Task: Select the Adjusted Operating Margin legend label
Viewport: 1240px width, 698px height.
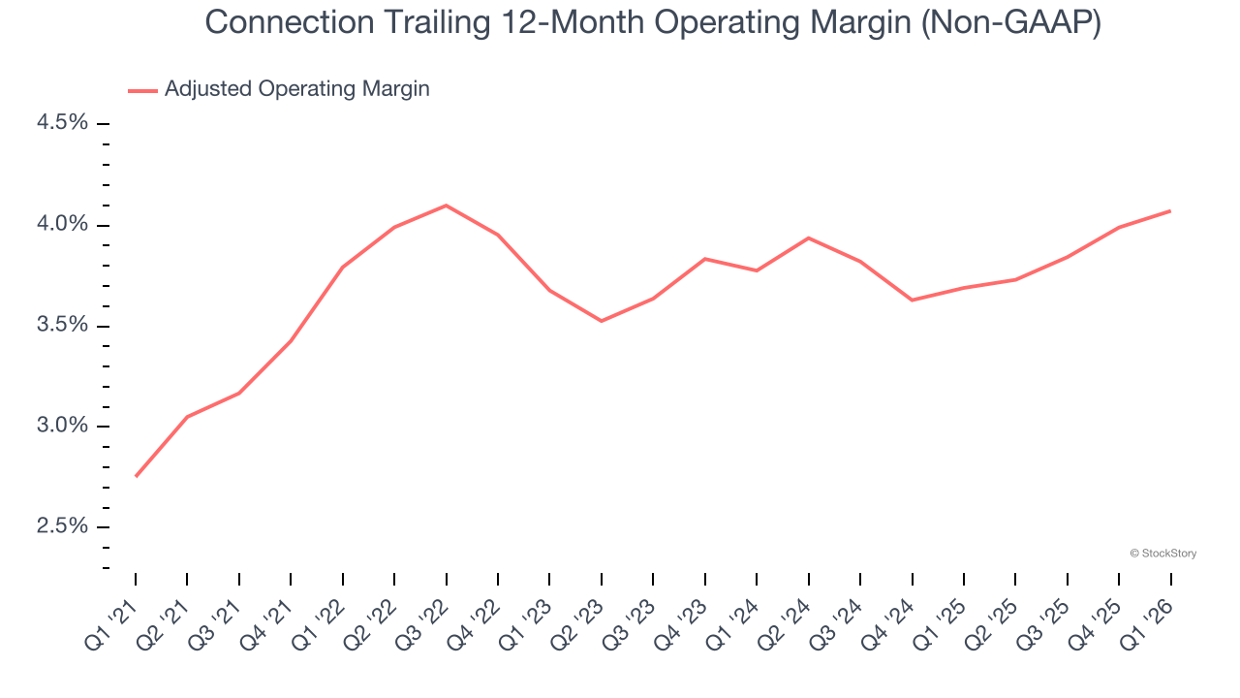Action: pyautogui.click(x=296, y=89)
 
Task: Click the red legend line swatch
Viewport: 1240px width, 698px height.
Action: pyautogui.click(x=142, y=90)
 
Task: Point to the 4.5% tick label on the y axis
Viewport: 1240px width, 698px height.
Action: pyautogui.click(x=62, y=123)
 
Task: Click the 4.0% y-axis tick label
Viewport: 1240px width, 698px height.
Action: pyautogui.click(x=62, y=224)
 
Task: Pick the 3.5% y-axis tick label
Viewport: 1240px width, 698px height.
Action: pyautogui.click(x=62, y=325)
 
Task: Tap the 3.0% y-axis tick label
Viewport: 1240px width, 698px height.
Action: pyautogui.click(x=62, y=426)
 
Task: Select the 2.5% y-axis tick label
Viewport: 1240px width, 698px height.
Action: pyautogui.click(x=62, y=526)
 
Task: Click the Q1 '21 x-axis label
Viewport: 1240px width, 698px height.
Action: pyautogui.click(x=114, y=622)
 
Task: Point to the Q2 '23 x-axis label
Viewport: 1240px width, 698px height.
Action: pyautogui.click(x=580, y=622)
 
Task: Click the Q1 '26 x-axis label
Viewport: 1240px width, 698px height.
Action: pyautogui.click(x=1150, y=622)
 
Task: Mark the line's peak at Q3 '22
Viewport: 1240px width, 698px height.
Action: pyautogui.click(x=446, y=206)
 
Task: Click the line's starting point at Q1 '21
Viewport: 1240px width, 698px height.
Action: pyautogui.click(x=136, y=476)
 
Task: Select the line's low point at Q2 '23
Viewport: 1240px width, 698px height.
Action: pyautogui.click(x=602, y=321)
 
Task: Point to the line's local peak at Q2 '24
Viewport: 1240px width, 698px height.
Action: pyautogui.click(x=808, y=238)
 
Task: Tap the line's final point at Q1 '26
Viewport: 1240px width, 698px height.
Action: pyautogui.click(x=1170, y=210)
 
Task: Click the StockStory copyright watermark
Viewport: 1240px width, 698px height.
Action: pyautogui.click(x=1162, y=554)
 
